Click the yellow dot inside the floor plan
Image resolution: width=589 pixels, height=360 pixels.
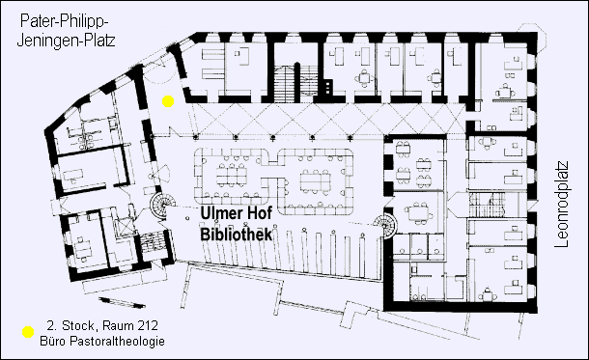[x=168, y=101]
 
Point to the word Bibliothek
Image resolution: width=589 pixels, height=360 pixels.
[x=238, y=235]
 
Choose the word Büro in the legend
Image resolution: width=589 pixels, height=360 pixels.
[x=52, y=342]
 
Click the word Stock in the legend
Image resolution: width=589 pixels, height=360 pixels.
[x=70, y=326]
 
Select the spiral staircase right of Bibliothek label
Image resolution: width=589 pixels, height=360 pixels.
[x=384, y=227]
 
